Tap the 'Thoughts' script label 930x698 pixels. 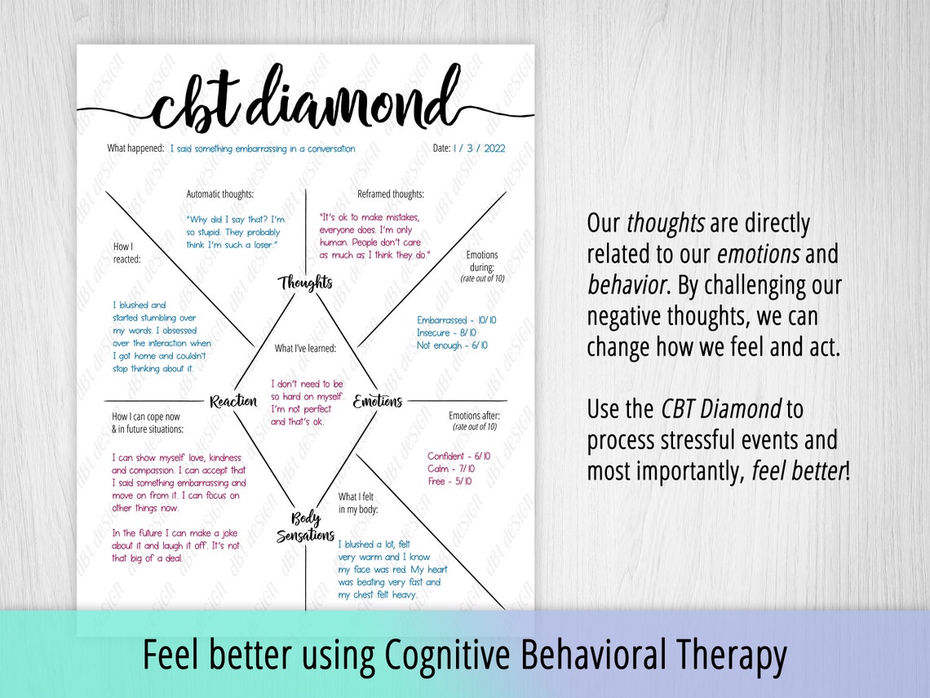click(x=306, y=283)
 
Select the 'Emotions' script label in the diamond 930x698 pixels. click(x=378, y=402)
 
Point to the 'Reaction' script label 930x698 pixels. click(x=233, y=402)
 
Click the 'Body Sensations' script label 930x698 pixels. click(x=305, y=527)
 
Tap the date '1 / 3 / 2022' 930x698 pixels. click(x=479, y=149)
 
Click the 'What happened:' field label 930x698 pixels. click(x=135, y=149)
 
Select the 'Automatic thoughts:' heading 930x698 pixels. click(x=220, y=194)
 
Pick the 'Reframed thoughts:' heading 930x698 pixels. click(x=391, y=194)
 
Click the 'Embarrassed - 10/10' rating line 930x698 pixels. click(x=457, y=321)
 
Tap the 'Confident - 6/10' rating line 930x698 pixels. click(x=458, y=456)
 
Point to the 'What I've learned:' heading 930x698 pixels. click(x=305, y=349)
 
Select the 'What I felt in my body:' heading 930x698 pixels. click(x=358, y=503)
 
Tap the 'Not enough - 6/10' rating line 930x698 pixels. click(x=452, y=345)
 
